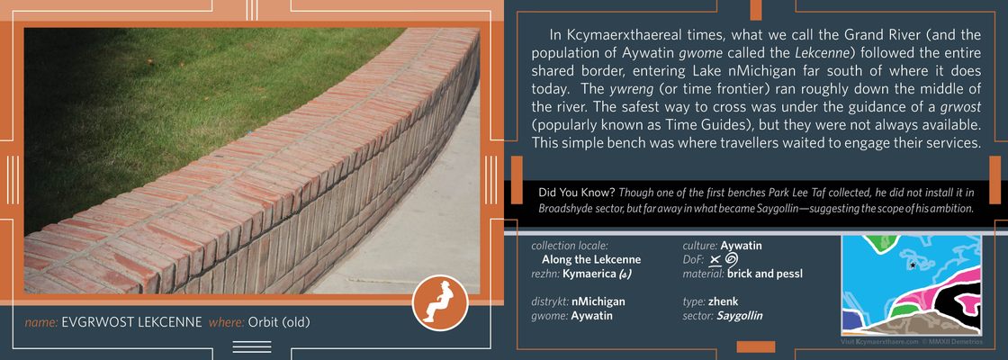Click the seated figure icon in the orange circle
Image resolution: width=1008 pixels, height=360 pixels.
(x=440, y=302)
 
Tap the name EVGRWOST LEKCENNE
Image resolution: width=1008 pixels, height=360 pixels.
(x=131, y=322)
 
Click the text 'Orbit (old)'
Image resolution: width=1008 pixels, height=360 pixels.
(x=279, y=322)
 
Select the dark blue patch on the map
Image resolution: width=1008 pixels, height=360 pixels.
(x=851, y=320)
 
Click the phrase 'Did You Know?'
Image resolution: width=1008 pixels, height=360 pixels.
(x=577, y=193)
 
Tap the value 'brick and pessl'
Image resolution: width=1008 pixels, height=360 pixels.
(x=765, y=274)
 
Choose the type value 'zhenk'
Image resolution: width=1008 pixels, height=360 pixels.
(x=724, y=301)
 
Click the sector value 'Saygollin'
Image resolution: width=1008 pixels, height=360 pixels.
(x=739, y=316)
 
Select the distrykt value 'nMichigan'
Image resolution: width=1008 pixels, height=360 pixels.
(x=598, y=301)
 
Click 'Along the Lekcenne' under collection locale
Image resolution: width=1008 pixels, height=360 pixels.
(x=591, y=260)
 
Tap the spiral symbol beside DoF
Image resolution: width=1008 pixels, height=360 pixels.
(x=731, y=259)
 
